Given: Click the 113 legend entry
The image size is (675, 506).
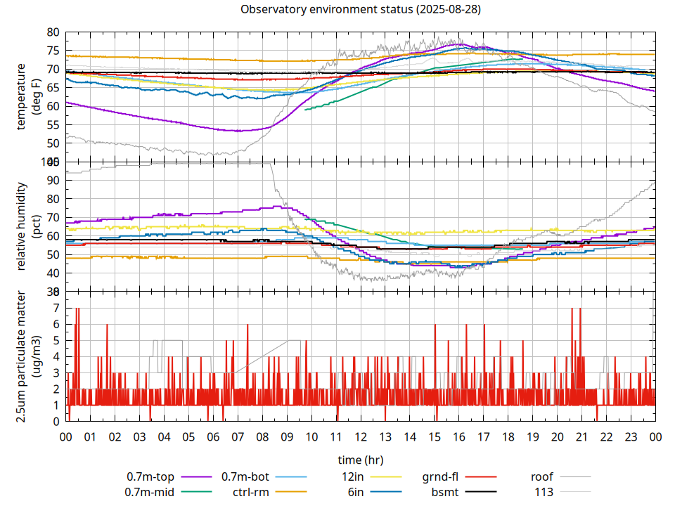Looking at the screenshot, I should (x=544, y=492).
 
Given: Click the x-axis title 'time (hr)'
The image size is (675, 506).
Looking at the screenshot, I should (x=361, y=460).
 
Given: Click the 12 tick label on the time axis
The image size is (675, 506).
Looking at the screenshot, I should (x=361, y=436).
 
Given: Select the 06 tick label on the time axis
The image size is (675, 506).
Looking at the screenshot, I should (x=213, y=436).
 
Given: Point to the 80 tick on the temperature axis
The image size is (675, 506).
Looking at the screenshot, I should (x=53, y=32).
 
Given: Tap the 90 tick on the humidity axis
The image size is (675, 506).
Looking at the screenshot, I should (x=53, y=180).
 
